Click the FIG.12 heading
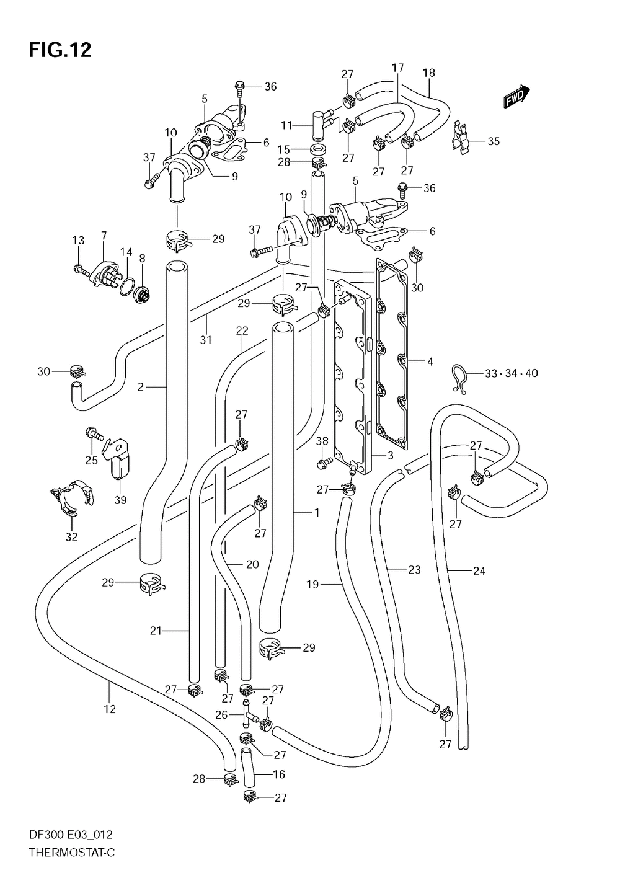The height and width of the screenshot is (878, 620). click(x=60, y=50)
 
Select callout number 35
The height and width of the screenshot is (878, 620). click(x=493, y=141)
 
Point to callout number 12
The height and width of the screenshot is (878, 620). click(x=110, y=709)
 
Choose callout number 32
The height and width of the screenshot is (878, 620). click(x=71, y=537)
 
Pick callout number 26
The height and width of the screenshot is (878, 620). click(x=221, y=714)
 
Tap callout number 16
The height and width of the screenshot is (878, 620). click(x=278, y=774)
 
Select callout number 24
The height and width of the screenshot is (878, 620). click(x=479, y=571)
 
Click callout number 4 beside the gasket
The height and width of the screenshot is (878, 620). click(x=430, y=361)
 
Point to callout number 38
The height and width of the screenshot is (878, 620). click(x=322, y=441)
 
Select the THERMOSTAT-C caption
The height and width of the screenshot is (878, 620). click(x=71, y=853)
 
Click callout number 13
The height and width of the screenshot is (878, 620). click(x=77, y=241)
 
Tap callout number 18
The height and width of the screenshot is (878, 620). click(x=428, y=73)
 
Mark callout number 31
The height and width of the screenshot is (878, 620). click(x=205, y=339)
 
